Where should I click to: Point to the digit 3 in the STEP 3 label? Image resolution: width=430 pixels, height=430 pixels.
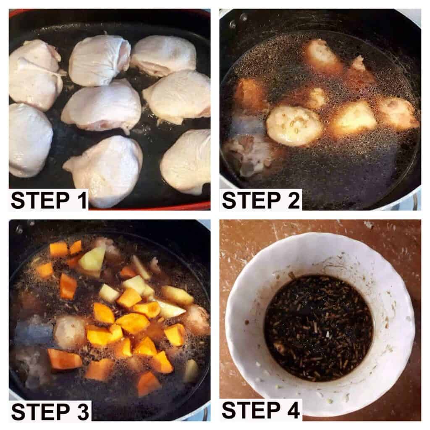83,412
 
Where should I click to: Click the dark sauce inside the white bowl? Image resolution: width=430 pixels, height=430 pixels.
318,328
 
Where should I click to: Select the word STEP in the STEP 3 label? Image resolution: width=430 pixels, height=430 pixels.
40,412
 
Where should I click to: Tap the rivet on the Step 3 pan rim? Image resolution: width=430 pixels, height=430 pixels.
19,228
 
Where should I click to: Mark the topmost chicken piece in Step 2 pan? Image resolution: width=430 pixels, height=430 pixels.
321,53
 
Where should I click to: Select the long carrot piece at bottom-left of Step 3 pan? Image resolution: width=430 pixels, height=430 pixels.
65,359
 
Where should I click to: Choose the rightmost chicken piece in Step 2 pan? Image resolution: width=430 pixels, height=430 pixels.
398,113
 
